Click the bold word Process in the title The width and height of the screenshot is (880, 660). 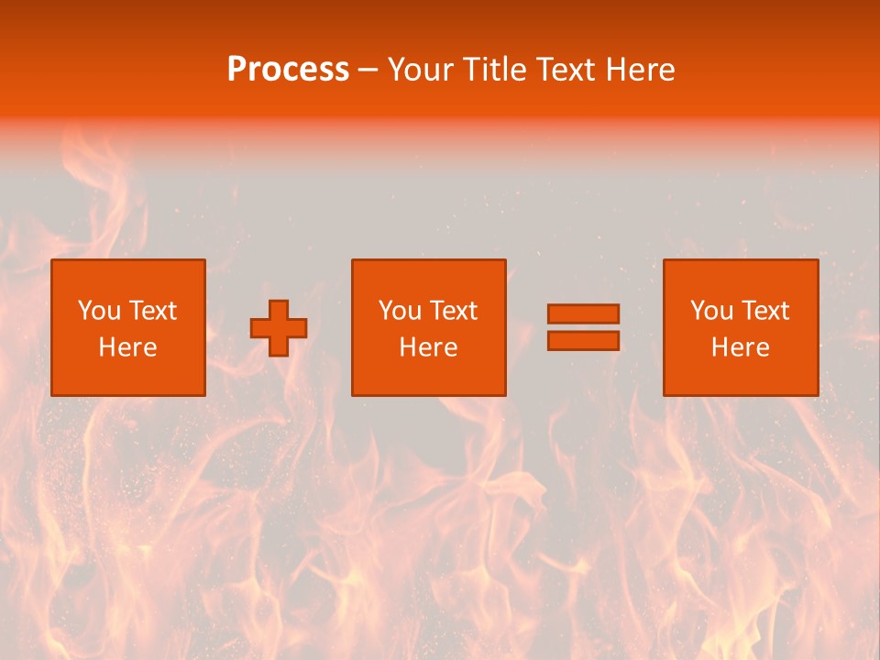tap(288, 69)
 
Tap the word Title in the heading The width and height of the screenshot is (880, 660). tap(493, 69)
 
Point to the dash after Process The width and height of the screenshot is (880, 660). tap(368, 71)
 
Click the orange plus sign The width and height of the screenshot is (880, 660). tap(279, 328)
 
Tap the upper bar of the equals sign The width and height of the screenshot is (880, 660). tap(583, 313)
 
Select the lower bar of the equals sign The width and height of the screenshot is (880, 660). tap(583, 341)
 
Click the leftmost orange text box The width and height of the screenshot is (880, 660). tap(127, 327)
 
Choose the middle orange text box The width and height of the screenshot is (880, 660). tap(428, 327)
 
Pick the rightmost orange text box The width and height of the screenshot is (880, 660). tap(740, 327)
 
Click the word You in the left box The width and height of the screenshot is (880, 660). tap(98, 311)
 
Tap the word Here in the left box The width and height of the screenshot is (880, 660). tap(127, 347)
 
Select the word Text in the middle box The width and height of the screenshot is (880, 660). tap(453, 311)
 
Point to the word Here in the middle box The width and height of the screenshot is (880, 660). tap(428, 347)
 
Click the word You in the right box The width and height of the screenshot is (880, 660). tap(710, 311)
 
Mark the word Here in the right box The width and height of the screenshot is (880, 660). tap(740, 347)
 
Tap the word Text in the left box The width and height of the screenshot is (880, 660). tap(152, 311)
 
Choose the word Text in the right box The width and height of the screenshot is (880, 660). tap(764, 311)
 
